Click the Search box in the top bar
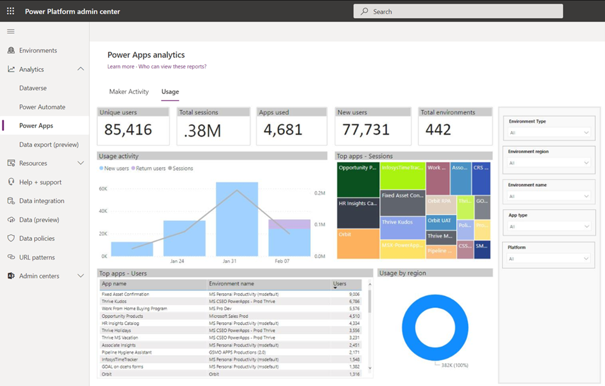[458, 11]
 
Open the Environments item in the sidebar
[38, 50]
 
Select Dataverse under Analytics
[33, 88]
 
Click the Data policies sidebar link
[37, 238]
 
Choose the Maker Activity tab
[129, 92]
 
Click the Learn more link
[120, 66]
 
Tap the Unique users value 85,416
[128, 130]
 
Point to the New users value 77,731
[364, 130]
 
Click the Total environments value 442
[438, 130]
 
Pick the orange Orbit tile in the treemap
[358, 243]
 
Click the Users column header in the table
[340, 284]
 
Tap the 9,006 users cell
[354, 294]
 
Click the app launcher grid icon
[11, 11]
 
